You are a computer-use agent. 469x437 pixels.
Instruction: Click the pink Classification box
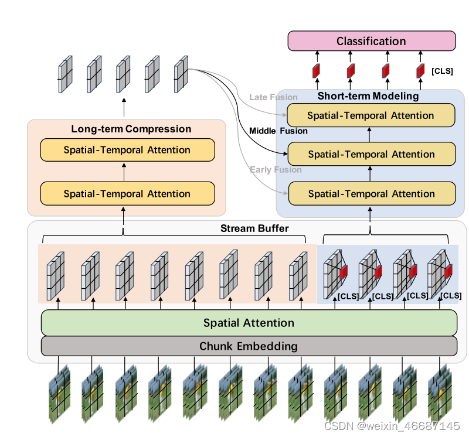(x=371, y=42)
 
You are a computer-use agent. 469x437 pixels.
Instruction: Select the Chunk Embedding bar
(x=249, y=346)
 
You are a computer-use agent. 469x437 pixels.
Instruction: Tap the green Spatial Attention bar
(x=249, y=323)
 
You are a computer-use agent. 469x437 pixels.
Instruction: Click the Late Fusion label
(x=273, y=97)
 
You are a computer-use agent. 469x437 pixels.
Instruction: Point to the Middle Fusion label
(x=278, y=131)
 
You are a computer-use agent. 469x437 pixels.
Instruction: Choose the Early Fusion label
(x=276, y=170)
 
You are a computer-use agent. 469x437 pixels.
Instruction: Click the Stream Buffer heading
(x=254, y=228)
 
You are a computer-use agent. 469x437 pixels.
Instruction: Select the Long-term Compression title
(x=131, y=129)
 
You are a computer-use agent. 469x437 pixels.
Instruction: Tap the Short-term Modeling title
(x=368, y=96)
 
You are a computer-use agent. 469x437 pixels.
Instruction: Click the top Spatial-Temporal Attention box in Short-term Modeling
(x=371, y=115)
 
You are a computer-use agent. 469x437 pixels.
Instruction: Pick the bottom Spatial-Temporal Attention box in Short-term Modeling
(x=371, y=193)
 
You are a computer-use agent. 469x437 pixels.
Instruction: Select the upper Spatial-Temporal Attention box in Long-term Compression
(x=127, y=150)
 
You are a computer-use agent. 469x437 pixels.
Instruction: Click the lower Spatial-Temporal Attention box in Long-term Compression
(x=127, y=193)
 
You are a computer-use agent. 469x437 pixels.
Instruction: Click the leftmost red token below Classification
(x=316, y=71)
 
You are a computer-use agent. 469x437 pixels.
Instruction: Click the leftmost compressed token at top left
(x=64, y=74)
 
